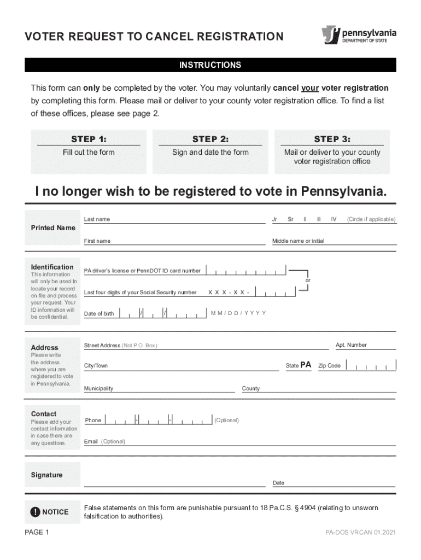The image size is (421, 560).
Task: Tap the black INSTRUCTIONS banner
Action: tap(210, 65)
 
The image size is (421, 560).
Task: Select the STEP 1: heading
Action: tap(89, 139)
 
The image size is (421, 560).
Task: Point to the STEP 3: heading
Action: tap(332, 139)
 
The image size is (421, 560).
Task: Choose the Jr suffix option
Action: tap(274, 219)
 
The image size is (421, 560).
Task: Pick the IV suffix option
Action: tap(333, 219)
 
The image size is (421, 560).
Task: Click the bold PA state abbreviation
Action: tap(306, 365)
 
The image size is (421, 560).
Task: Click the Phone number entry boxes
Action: tap(158, 420)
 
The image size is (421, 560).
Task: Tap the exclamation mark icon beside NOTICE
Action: tap(36, 512)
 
